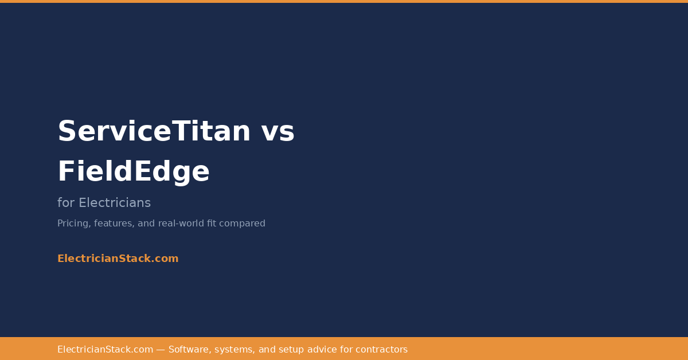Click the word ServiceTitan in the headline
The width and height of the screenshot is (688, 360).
154,131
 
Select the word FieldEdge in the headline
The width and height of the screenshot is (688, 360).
134,171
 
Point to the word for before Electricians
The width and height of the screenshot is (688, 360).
66,203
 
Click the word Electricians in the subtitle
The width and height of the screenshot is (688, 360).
115,203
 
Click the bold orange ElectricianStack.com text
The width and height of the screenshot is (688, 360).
118,259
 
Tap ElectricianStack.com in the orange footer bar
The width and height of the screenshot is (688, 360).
105,350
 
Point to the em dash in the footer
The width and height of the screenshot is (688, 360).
161,350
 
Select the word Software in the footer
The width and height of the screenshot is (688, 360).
189,350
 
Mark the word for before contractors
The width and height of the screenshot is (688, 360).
347,350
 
